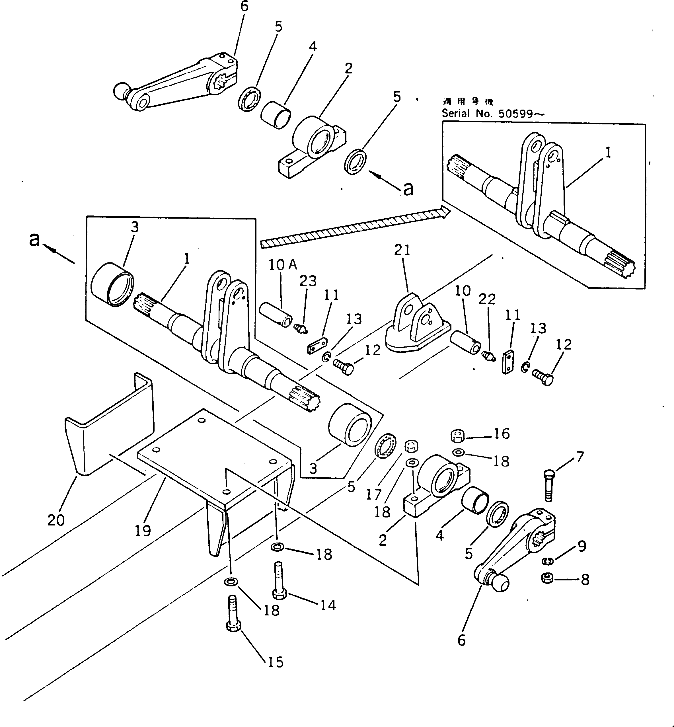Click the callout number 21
tap(402, 250)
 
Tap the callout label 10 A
tap(283, 265)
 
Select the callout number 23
tap(308, 281)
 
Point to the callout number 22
tap(487, 299)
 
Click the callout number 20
tap(56, 520)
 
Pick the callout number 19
tap(143, 531)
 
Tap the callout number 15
tap(275, 662)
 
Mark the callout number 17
tap(373, 495)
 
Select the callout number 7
tap(580, 456)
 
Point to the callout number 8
tap(585, 580)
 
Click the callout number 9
tap(582, 546)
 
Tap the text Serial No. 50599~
tap(493, 114)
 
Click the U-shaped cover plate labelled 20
tap(109, 427)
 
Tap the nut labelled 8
tap(547, 578)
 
